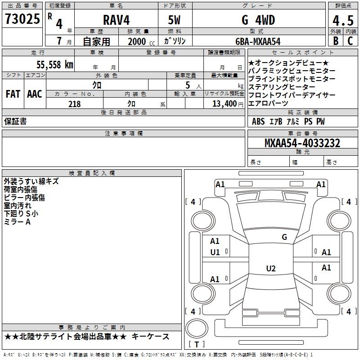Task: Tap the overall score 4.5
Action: [342, 21]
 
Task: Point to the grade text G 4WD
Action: [258, 20]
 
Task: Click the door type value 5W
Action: [174, 20]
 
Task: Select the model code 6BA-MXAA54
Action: [258, 41]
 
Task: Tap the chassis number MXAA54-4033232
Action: [302, 144]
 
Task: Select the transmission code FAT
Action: [13, 94]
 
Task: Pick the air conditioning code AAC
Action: [35, 94]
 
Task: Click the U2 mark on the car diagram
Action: [270, 269]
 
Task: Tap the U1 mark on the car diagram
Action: [215, 252]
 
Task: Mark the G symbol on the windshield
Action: [284, 237]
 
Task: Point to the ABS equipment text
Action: [258, 121]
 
